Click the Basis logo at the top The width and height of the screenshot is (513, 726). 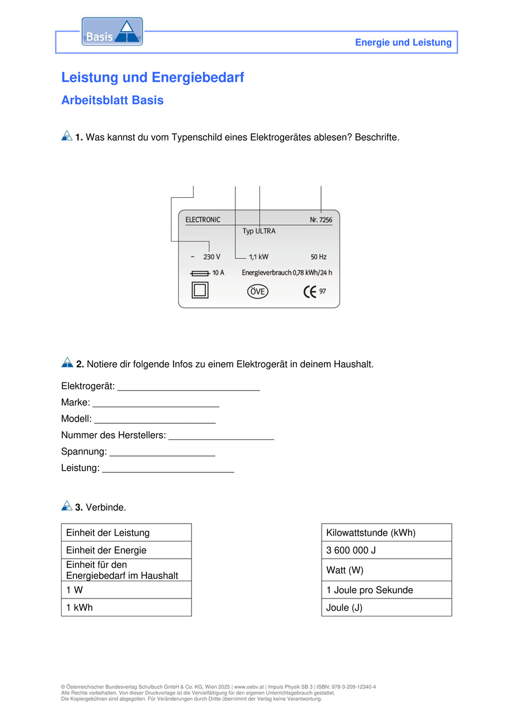112,32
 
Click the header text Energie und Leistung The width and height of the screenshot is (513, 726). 403,42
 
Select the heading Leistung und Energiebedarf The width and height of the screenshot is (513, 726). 153,77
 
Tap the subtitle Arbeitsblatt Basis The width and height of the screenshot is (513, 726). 112,100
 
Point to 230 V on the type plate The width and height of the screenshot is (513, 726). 212,257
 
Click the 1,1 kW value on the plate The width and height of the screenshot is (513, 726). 258,257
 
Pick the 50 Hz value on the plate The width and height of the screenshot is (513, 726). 318,257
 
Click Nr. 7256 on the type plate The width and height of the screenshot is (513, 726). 321,220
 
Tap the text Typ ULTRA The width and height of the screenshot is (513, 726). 259,231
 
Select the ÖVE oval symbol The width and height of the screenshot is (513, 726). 258,292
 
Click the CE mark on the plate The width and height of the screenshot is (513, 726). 310,292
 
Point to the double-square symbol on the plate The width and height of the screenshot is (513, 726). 200,291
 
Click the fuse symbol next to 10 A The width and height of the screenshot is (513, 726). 199,273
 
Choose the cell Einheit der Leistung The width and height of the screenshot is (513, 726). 126,533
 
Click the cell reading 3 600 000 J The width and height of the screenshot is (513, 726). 386,550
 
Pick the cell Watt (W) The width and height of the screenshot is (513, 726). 386,570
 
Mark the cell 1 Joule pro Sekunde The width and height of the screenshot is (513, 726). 386,590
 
